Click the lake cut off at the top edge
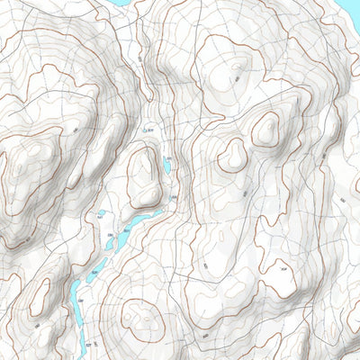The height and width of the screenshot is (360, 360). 121,3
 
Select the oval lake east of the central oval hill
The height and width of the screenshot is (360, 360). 166,166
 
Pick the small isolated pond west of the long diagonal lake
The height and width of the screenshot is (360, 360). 100,217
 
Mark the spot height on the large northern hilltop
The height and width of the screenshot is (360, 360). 236,78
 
